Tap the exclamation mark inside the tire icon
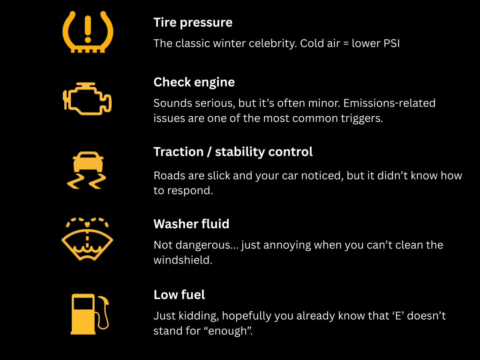coord(88,29)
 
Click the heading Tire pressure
coord(193,22)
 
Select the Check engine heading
coord(194,82)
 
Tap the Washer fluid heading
coord(191,224)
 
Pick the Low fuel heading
coord(179,294)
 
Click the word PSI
coord(391,44)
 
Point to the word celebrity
coord(273,44)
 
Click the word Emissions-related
coord(390,103)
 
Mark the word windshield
coord(183,260)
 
